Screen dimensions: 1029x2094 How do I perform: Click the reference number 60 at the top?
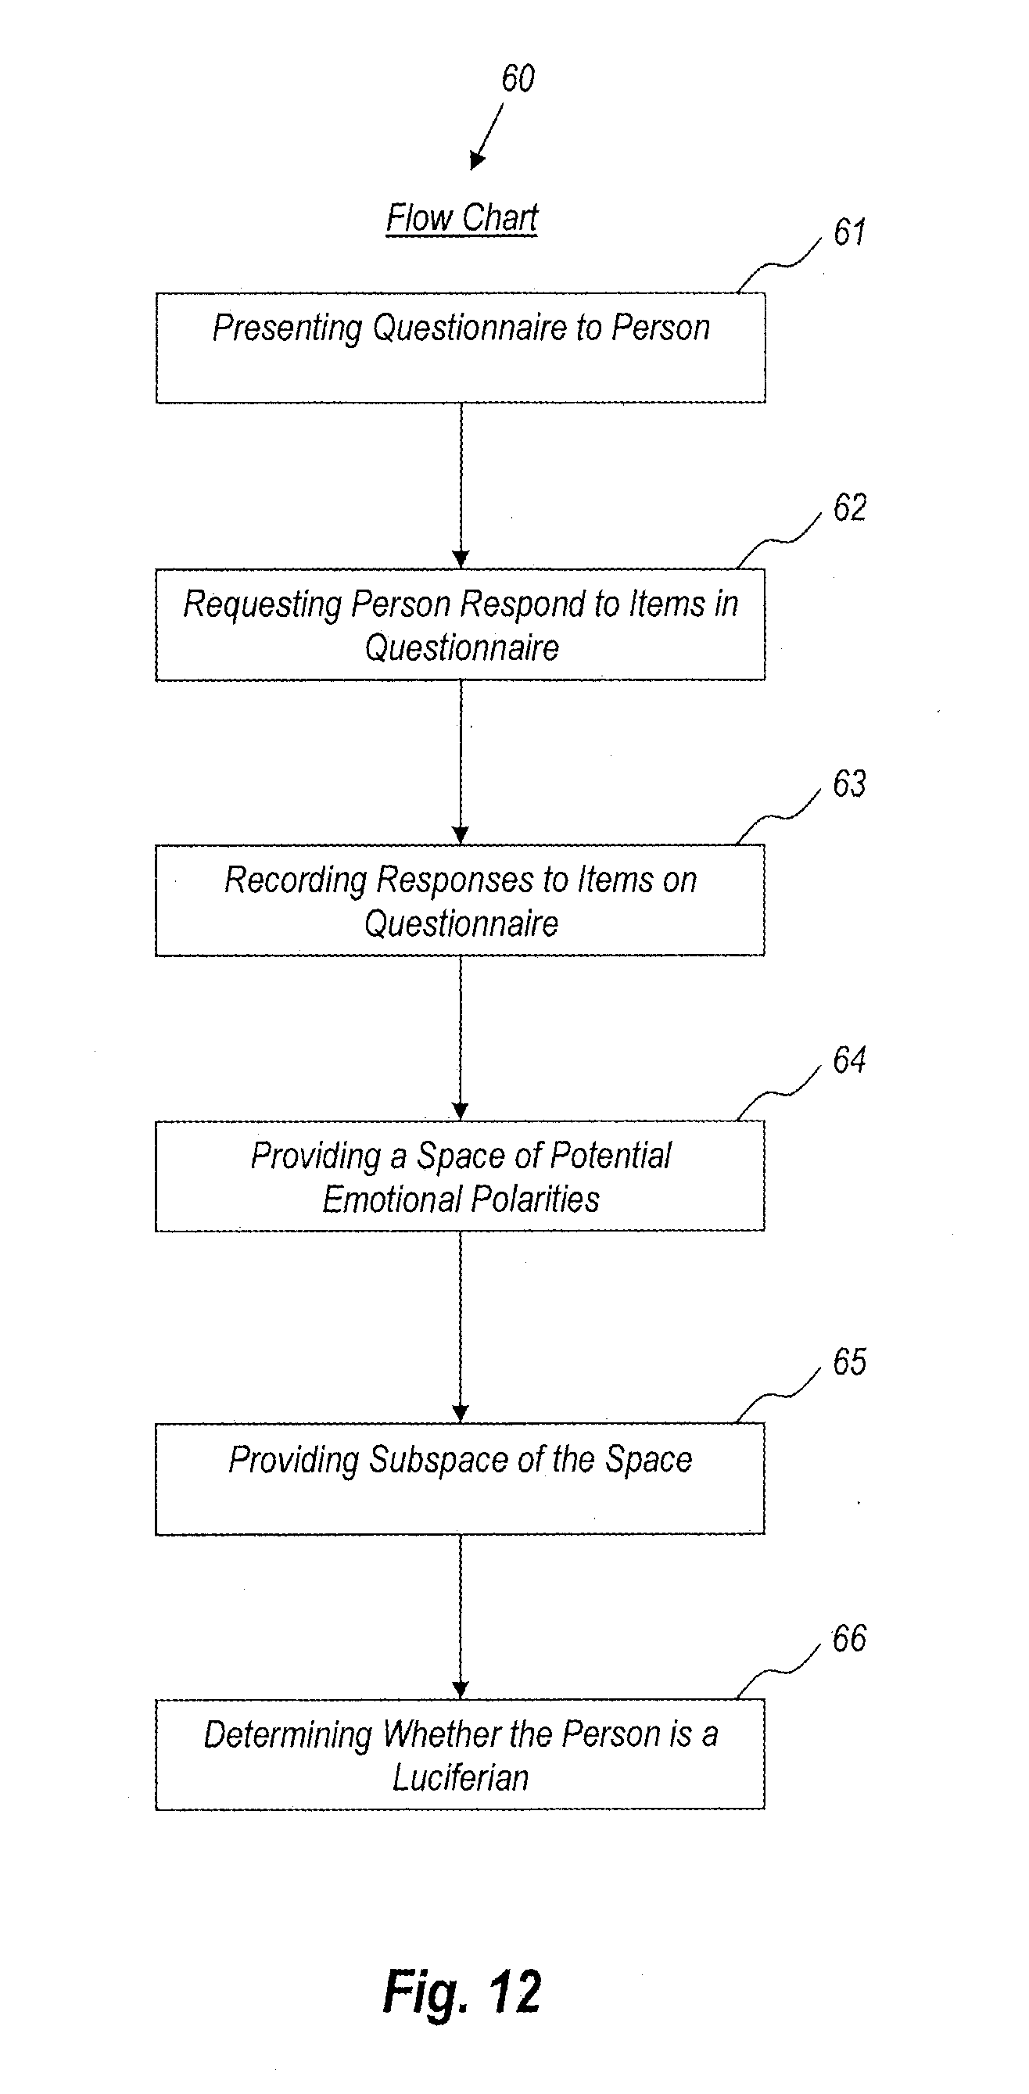tap(518, 79)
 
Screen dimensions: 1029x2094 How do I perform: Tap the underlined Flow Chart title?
tap(461, 218)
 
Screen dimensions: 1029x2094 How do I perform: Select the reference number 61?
tap(849, 232)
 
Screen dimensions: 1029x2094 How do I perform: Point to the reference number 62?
tap(849, 508)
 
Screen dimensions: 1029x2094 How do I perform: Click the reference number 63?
tap(849, 784)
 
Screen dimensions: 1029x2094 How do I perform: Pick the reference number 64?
tap(849, 1061)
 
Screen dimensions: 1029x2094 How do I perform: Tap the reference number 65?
tap(849, 1362)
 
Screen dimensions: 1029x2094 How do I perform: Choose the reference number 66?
tap(849, 1639)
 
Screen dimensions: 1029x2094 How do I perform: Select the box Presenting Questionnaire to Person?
tap(460, 348)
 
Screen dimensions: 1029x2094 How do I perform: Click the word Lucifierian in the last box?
tap(461, 1778)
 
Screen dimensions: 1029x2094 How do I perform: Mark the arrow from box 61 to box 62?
tap(461, 486)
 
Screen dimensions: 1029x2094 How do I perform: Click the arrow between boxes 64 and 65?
tap(460, 1327)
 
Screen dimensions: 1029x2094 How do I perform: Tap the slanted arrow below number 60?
tap(487, 137)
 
